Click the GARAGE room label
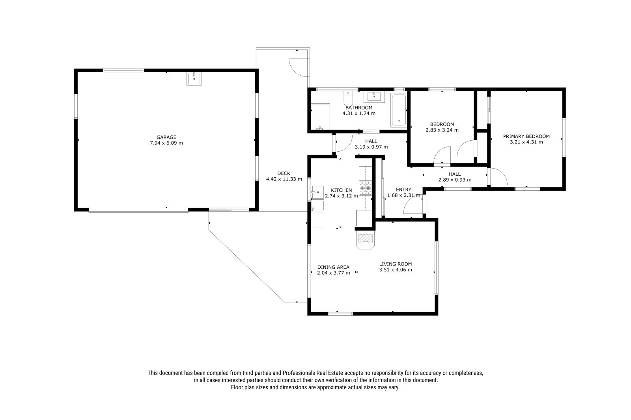166,137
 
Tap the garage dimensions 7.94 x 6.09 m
166,143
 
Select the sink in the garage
194,78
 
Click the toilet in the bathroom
348,98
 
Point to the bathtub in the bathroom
399,110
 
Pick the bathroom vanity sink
374,97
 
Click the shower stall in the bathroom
320,117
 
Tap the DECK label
284,173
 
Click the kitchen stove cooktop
365,188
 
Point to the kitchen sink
317,192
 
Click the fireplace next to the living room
365,240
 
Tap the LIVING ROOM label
395,264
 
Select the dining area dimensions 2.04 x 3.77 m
334,273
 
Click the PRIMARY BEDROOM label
526,137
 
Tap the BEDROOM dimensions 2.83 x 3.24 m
442,130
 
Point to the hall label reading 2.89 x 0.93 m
455,180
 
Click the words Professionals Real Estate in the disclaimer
313,373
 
